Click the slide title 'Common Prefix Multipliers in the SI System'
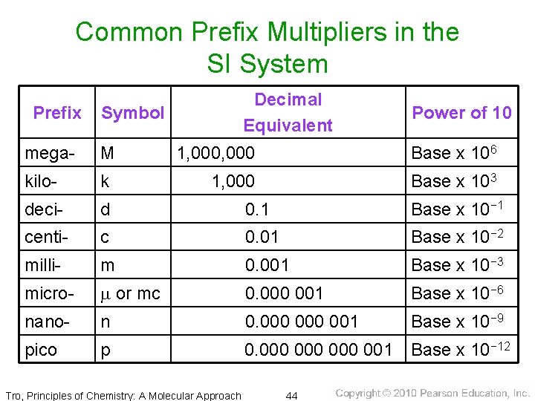click(267, 48)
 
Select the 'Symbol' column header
click(133, 113)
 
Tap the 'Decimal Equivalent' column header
click(288, 112)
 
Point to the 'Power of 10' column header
click(461, 113)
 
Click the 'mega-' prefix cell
click(50, 154)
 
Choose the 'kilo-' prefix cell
click(44, 181)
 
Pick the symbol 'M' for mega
click(108, 154)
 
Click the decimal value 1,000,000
click(215, 154)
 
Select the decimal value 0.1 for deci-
click(258, 210)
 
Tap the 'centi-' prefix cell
click(47, 238)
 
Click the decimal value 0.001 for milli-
click(267, 265)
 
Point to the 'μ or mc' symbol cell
click(130, 294)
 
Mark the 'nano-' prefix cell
click(47, 322)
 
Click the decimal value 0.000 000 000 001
click(319, 350)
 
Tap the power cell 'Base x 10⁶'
click(453, 153)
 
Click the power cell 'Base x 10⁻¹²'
click(461, 349)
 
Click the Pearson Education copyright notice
click(432, 394)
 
